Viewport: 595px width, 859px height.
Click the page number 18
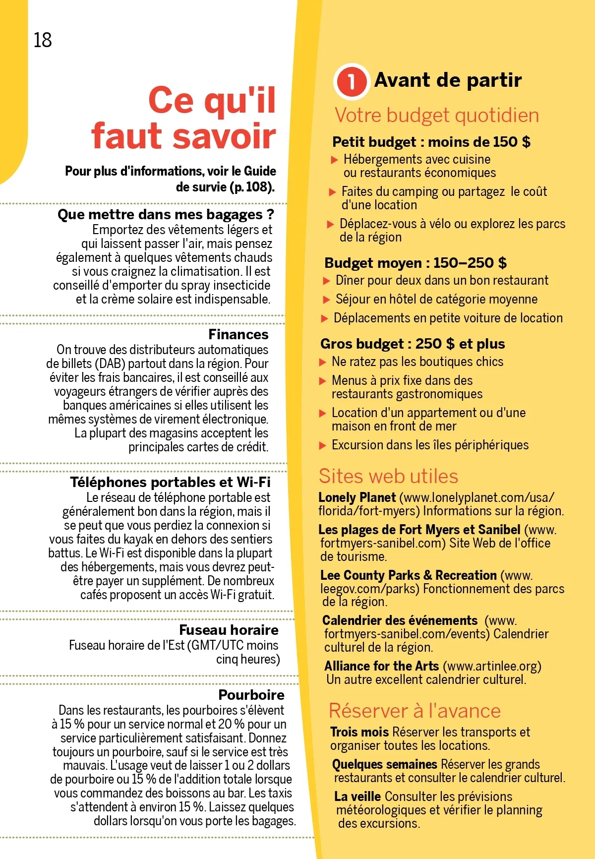[43, 40]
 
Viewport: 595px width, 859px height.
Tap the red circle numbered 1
[351, 81]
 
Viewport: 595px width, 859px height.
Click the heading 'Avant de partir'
[448, 80]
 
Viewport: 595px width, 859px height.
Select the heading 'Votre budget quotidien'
[436, 116]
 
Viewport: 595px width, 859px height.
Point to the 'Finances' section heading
[238, 334]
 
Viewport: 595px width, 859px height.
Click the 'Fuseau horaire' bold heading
[229, 630]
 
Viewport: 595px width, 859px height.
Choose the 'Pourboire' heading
[251, 694]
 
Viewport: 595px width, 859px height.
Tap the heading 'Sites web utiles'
[388, 476]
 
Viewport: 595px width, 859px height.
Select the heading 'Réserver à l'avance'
[415, 711]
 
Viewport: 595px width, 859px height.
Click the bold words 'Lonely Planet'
[357, 497]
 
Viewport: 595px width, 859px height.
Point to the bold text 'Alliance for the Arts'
[381, 666]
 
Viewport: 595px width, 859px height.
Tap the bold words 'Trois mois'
[359, 732]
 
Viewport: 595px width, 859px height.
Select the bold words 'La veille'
[357, 797]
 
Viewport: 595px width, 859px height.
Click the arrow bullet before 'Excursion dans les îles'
[323, 445]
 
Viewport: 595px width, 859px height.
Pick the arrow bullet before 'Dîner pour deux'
[327, 281]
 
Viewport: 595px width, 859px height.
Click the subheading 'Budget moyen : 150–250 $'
[416, 263]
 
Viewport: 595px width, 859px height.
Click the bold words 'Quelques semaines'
[384, 764]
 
